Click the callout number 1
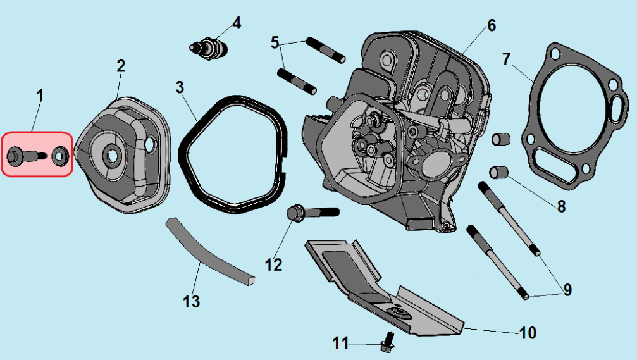coord(40,96)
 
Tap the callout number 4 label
coord(237,23)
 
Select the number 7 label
coord(506,59)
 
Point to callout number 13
coord(192,301)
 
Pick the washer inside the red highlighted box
coord(61,155)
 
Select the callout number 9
coord(567,290)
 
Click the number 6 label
coord(491,26)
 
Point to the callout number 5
coord(275,43)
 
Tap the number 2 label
coord(121,66)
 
